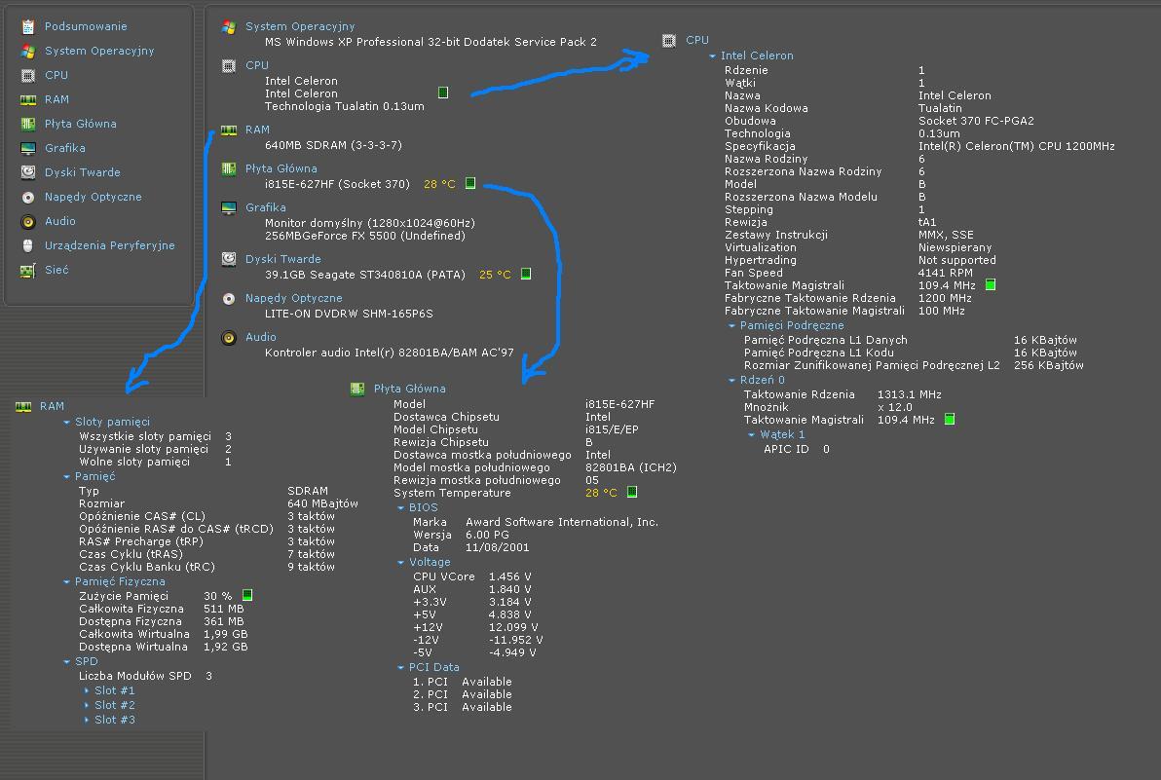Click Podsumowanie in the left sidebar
85,26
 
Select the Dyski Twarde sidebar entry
82,172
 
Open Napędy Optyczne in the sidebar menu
93,197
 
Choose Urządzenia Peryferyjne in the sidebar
110,245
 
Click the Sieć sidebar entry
56,270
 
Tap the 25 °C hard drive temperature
495,275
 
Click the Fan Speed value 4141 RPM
945,273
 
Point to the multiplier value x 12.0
894,408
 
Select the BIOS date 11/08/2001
497,547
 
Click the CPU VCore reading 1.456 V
509,576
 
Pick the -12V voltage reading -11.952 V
515,640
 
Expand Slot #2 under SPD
114,705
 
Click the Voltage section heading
430,563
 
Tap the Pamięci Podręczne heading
792,325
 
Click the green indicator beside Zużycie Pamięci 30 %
247,595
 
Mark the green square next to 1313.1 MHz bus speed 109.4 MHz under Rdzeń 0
950,420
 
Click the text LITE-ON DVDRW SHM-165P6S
349,314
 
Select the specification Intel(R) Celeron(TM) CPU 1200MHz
1017,146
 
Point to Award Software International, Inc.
561,523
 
